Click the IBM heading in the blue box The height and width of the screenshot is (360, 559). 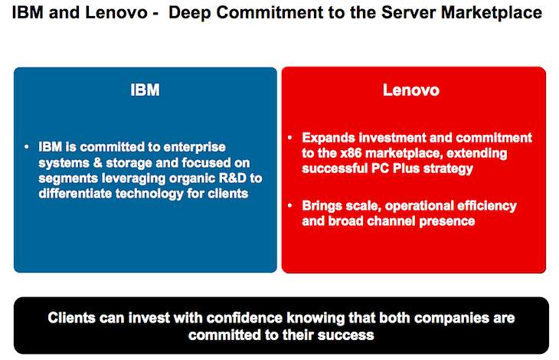(145, 90)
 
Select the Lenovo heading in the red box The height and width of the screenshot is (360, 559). (411, 90)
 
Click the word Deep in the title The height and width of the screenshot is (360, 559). (189, 13)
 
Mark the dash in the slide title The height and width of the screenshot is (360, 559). (155, 15)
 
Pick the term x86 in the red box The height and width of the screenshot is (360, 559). (351, 153)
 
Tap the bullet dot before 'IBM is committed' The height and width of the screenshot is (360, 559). (27, 147)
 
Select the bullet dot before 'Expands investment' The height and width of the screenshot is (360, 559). (290, 138)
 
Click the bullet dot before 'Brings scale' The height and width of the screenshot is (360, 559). (290, 206)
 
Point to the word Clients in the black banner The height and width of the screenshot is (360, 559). (71, 318)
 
